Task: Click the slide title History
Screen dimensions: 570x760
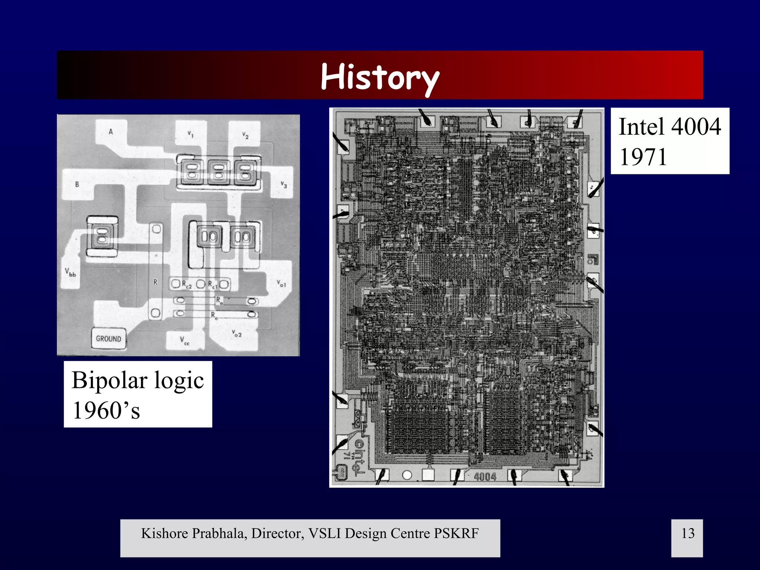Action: tap(380, 77)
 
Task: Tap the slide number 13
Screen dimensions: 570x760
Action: tap(687, 533)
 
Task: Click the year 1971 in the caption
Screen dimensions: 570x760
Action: tap(643, 157)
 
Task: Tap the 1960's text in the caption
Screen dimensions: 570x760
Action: tap(106, 410)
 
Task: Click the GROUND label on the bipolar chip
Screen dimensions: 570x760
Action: tap(108, 338)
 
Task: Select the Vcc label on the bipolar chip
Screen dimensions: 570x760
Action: tap(184, 340)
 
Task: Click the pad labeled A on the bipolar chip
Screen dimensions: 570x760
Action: tap(111, 131)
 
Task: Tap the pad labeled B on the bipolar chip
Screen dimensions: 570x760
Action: tap(77, 184)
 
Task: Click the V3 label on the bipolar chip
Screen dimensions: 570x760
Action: tap(284, 184)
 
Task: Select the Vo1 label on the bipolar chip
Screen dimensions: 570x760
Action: tap(282, 284)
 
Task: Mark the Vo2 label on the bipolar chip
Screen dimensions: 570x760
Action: tap(236, 333)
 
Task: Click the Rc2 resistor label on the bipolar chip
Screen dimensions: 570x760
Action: tap(187, 285)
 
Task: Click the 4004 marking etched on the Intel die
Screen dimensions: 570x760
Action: tap(485, 476)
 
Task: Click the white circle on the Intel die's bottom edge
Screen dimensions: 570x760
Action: tap(407, 475)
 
